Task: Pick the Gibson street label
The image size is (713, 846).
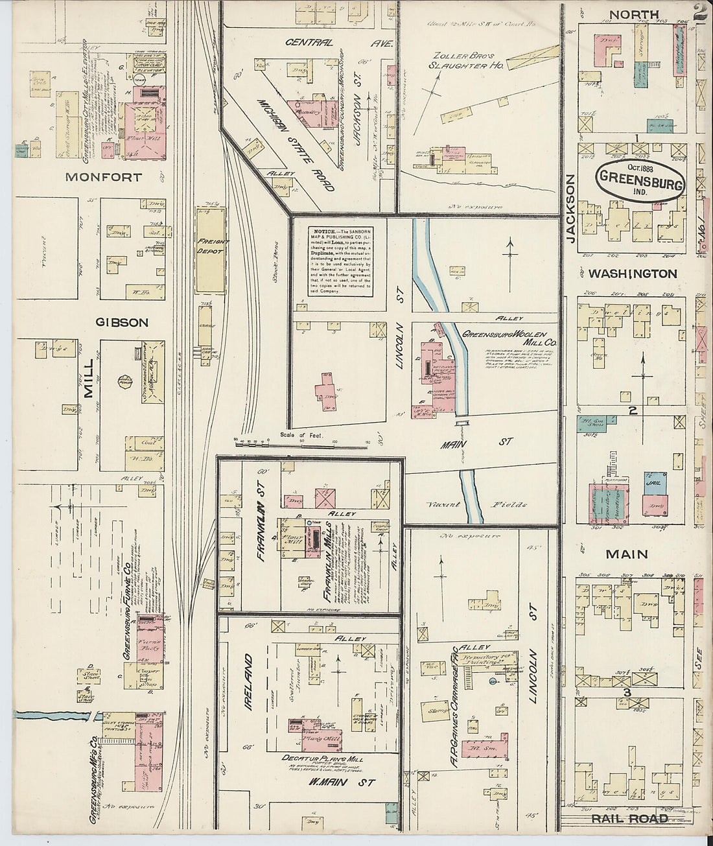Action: (x=122, y=322)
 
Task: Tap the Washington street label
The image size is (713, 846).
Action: (x=632, y=274)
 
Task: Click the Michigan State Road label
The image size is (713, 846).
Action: (x=296, y=145)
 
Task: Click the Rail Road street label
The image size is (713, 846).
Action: (x=629, y=819)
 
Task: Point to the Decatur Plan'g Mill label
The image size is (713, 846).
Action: (x=322, y=758)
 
